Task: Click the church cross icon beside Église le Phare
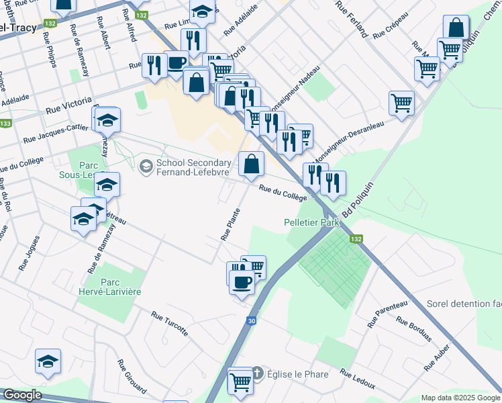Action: click(257, 373)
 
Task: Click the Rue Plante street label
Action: click(231, 224)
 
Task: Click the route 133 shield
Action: click(6, 124)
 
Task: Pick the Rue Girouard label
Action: click(132, 376)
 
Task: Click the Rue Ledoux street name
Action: click(357, 379)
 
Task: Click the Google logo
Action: click(22, 395)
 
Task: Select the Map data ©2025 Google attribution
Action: click(460, 398)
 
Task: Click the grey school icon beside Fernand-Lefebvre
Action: click(145, 165)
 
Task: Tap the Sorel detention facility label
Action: click(464, 304)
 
